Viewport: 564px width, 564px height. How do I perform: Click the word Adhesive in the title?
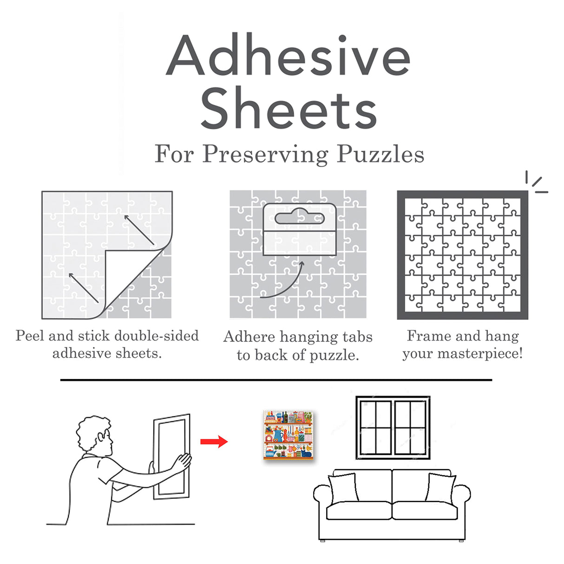(288, 56)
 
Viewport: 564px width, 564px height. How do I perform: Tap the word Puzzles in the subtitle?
(380, 154)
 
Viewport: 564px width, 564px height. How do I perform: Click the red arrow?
(214, 441)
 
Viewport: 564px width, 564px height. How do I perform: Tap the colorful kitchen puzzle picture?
(289, 435)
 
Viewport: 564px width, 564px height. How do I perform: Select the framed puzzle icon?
(462, 255)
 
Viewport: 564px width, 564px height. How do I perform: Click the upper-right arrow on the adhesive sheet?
(139, 230)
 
